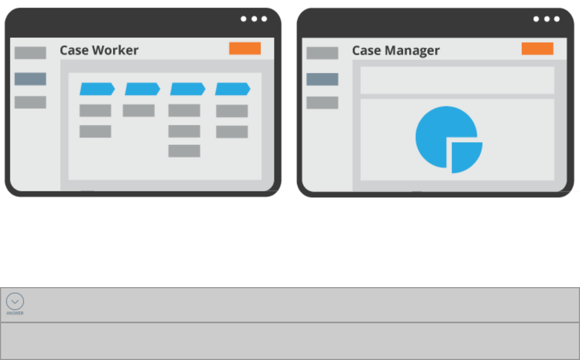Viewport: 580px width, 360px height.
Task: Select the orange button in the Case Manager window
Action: (537, 49)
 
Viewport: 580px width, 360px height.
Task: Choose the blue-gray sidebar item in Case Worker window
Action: (30, 79)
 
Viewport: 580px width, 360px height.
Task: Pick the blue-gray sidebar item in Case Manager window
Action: (322, 79)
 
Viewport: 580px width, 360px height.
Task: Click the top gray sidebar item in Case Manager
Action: (322, 53)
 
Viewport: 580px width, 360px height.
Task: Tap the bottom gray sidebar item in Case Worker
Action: (30, 102)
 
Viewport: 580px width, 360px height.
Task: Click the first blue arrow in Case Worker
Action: (96, 89)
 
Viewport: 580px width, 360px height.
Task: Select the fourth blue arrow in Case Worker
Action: (232, 89)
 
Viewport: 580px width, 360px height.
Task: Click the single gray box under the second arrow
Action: (139, 111)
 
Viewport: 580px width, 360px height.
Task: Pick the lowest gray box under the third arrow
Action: (184, 151)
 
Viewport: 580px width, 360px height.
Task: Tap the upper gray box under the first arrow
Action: (95, 111)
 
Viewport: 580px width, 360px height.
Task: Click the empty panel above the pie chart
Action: (457, 81)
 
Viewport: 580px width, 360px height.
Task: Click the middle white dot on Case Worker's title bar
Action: (254, 19)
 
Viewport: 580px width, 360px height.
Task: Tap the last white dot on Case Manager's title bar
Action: (557, 19)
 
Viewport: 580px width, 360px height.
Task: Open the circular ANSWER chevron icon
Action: (15, 301)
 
